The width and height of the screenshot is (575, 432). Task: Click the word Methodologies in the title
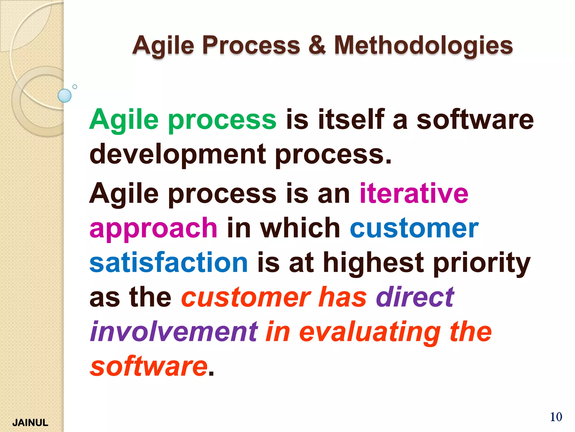423,46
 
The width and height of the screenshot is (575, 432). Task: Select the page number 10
556,417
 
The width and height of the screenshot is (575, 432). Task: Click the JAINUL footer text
30,422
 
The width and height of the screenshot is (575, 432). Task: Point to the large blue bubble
65,96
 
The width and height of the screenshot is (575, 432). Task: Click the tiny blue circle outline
75,87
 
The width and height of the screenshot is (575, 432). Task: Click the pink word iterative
414,193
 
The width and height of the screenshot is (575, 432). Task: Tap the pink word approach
153,228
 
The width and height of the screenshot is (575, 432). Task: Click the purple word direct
415,297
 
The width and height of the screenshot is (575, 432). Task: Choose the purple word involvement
174,332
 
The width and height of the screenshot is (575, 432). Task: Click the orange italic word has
343,297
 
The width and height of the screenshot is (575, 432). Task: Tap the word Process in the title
251,46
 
